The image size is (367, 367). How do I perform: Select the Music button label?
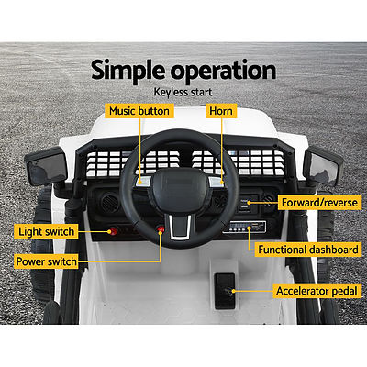tap(139, 111)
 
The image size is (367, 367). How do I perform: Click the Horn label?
tap(221, 111)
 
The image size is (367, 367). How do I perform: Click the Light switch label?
tap(45, 231)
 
